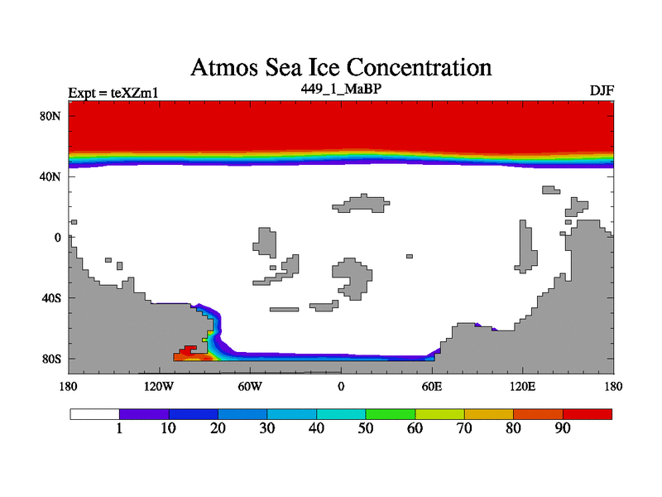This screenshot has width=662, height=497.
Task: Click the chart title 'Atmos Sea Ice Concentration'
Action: coord(341,67)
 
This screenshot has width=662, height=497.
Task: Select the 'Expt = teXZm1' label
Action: coord(113,92)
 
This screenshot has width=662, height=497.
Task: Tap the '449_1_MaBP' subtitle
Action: coord(341,87)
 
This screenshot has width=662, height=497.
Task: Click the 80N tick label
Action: coord(51,116)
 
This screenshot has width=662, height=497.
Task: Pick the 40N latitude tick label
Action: coord(51,176)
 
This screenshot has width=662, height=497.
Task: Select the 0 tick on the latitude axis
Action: coord(59,238)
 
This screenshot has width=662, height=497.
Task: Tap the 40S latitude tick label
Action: coord(51,298)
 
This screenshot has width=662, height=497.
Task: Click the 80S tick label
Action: coord(51,359)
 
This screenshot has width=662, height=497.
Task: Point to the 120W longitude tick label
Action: coord(159,386)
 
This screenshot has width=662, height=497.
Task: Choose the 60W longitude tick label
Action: coord(250,386)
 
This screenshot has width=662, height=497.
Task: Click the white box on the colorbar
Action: coord(94,413)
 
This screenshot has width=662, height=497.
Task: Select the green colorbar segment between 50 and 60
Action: coord(391,413)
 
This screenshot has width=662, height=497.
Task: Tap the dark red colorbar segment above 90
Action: coord(588,413)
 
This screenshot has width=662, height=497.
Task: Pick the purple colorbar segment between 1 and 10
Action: coord(144,413)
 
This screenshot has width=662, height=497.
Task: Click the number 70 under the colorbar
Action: coord(464,429)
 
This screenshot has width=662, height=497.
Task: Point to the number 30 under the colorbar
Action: coord(267,429)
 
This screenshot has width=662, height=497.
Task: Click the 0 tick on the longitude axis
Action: coord(341,386)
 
